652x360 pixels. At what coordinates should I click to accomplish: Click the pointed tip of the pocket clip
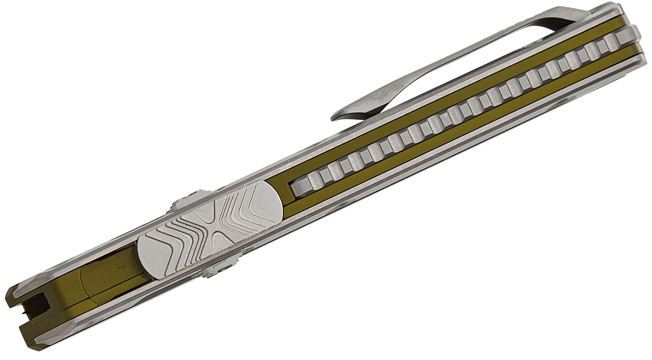coord(335,117)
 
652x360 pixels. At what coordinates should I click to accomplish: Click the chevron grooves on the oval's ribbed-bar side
coord(243,204)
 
